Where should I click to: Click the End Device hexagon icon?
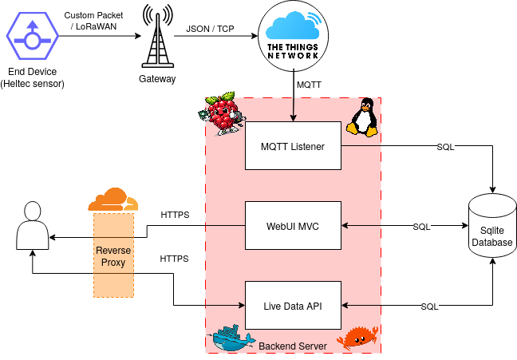click(32, 36)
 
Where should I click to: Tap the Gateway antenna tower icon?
click(158, 37)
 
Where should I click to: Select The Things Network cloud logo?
click(293, 36)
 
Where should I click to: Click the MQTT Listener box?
click(293, 146)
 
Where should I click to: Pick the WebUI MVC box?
click(293, 226)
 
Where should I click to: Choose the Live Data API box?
click(293, 306)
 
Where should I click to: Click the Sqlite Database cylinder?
click(492, 226)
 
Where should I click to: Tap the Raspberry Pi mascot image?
click(222, 114)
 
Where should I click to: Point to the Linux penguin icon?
click(362, 117)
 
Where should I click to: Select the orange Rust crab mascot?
click(357, 338)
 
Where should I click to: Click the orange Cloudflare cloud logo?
click(113, 200)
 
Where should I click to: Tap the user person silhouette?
click(33, 225)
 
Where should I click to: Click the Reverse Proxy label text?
click(113, 256)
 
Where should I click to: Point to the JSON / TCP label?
click(210, 29)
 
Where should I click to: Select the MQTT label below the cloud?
click(309, 85)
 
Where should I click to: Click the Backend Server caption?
click(293, 346)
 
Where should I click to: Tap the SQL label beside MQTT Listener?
click(445, 147)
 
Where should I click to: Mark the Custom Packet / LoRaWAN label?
click(93, 21)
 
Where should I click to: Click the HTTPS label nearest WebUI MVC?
click(175, 216)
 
